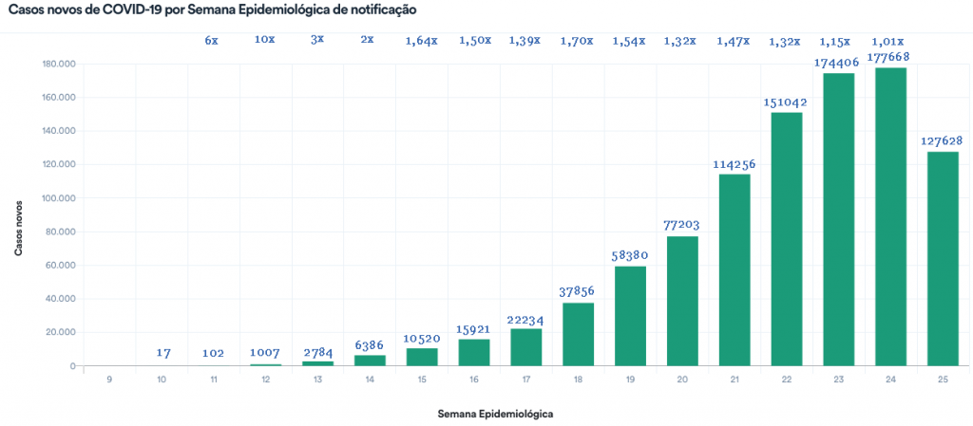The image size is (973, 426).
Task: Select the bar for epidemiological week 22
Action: click(x=786, y=238)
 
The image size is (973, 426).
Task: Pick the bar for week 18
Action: click(x=578, y=334)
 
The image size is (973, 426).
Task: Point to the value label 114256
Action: click(x=735, y=164)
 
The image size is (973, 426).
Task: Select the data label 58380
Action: click(x=630, y=256)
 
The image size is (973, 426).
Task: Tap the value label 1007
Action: click(x=266, y=353)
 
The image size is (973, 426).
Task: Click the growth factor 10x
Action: click(x=265, y=40)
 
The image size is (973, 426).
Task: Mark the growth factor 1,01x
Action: click(x=888, y=40)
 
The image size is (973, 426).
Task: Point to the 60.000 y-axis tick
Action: click(x=62, y=266)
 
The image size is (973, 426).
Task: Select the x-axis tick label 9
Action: click(x=110, y=380)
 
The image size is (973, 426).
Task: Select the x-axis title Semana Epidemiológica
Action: click(x=495, y=415)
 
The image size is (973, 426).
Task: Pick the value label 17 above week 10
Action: click(x=162, y=353)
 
